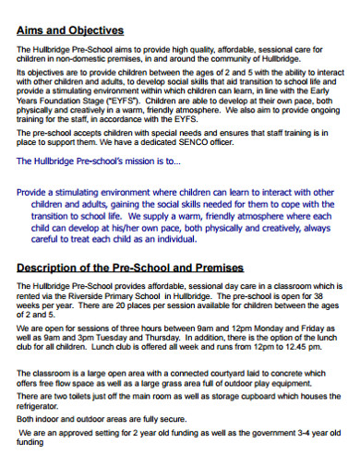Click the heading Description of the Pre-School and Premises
130,268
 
